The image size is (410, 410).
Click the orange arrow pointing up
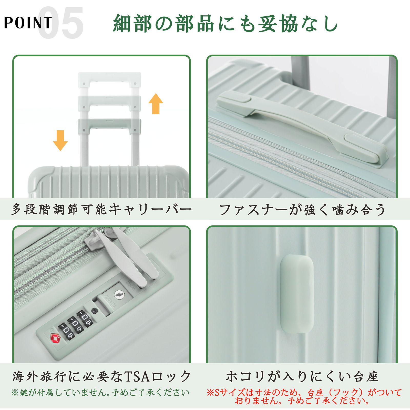pyautogui.click(x=156, y=104)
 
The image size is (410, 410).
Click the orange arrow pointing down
pyautogui.click(x=60, y=140)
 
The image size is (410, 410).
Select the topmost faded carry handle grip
pyautogui.click(x=109, y=77)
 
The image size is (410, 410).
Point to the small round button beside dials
pyautogui.click(x=95, y=311)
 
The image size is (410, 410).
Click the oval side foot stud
pyautogui.click(x=297, y=294)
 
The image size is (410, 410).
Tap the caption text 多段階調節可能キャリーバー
pyautogui.click(x=101, y=209)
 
